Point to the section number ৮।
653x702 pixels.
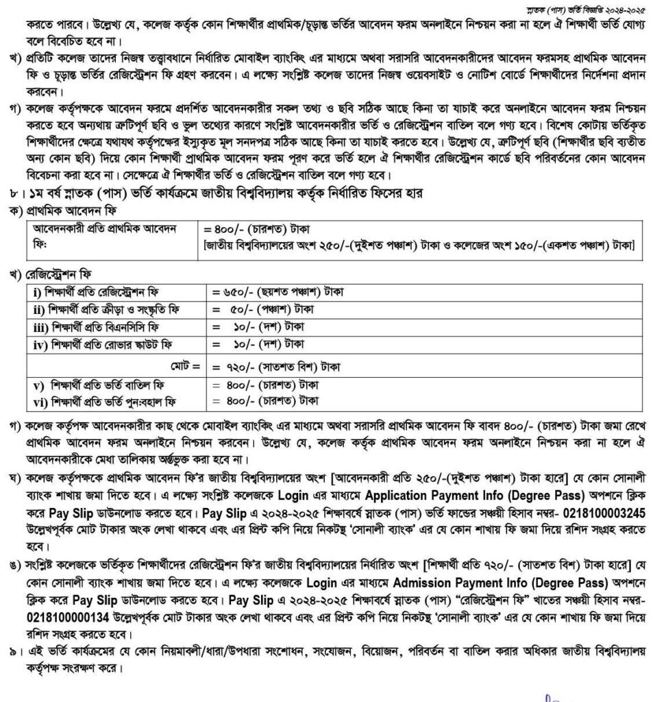(10, 194)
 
